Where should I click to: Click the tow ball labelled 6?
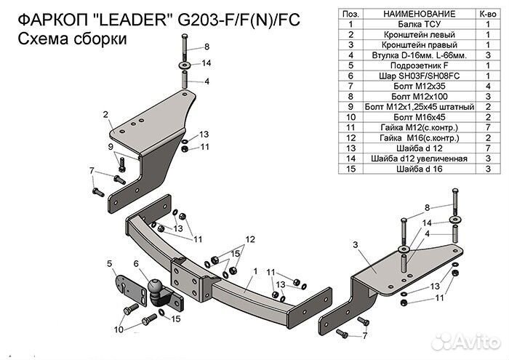(158, 291)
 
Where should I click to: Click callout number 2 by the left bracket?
(105, 114)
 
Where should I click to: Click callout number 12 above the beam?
(249, 239)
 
